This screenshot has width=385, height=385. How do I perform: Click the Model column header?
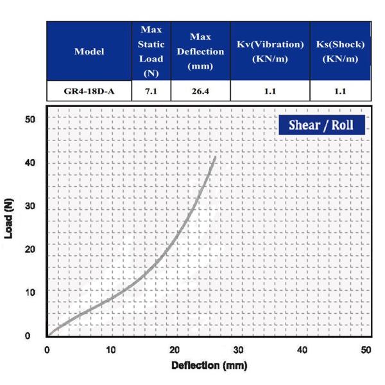89,51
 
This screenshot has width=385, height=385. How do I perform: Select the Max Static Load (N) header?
151,51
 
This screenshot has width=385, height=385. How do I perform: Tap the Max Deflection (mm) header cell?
205,51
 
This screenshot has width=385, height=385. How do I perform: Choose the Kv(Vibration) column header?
269,51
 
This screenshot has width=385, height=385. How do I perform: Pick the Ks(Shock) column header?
340,51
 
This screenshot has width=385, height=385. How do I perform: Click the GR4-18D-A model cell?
89,91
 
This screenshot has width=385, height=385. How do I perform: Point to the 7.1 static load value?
151,91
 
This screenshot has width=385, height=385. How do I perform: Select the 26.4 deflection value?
205,91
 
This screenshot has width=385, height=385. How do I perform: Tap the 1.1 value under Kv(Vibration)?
269,91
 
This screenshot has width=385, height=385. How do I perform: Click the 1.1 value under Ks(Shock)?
340,91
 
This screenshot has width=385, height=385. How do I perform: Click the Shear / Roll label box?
321,124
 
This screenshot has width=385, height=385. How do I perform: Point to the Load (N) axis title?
9,218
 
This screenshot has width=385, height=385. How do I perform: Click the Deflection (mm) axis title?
208,366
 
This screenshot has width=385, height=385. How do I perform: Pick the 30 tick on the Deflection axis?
239,350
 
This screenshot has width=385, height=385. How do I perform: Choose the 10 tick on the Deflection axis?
111,350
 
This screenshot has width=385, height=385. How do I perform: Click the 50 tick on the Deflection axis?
366,350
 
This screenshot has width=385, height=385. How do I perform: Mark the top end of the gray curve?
215,156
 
